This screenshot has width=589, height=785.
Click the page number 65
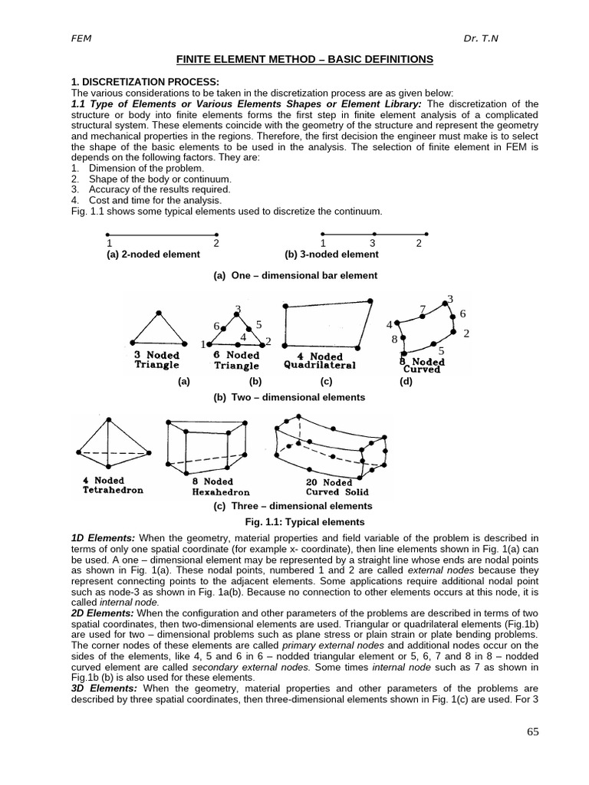tap(533, 731)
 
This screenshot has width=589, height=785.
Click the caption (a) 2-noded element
tap(153, 254)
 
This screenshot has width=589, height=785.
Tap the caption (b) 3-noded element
tap(331, 254)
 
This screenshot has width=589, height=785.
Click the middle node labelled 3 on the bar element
tap(373, 234)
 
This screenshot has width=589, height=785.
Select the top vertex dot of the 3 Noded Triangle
tap(159, 313)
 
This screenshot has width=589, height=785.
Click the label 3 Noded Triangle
tap(156, 360)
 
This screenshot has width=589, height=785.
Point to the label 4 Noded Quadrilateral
tap(320, 361)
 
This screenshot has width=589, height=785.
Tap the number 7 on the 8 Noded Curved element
tap(423, 309)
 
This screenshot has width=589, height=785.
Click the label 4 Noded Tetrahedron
tap(113, 485)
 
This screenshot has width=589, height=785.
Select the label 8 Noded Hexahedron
tap(221, 487)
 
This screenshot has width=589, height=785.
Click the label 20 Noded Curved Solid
tap(337, 488)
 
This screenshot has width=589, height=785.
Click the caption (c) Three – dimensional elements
tap(293, 506)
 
